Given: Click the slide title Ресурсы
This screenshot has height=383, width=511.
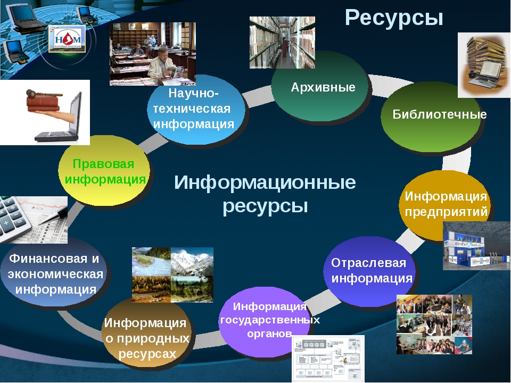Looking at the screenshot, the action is [x=394, y=18].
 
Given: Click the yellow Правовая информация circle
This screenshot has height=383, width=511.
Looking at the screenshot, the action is [x=104, y=171].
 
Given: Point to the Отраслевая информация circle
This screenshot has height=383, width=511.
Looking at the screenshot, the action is [x=370, y=271].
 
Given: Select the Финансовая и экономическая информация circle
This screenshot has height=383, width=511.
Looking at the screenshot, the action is [x=54, y=273].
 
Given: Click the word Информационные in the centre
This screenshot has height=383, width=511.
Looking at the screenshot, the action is [x=265, y=182].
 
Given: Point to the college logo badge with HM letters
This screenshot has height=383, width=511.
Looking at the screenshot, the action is [x=67, y=39].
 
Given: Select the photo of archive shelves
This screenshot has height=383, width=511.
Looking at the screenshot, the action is [x=282, y=43].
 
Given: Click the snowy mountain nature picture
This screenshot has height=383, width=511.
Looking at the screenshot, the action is [x=192, y=261].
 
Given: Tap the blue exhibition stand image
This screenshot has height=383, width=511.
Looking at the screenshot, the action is [x=476, y=246].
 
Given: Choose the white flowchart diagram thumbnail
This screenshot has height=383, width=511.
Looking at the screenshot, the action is [x=328, y=358].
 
